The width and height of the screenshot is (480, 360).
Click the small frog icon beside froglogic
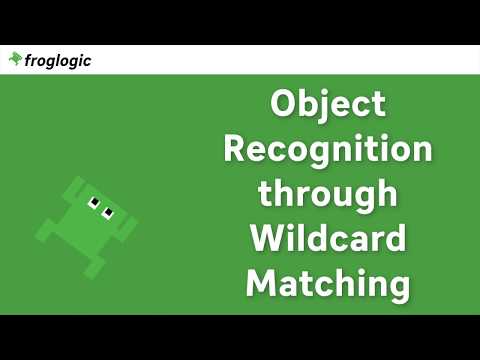[x=15, y=59]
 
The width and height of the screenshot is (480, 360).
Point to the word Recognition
[x=328, y=151]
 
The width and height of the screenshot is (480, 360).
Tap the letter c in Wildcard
[x=339, y=240]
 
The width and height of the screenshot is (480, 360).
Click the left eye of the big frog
[x=94, y=203]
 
